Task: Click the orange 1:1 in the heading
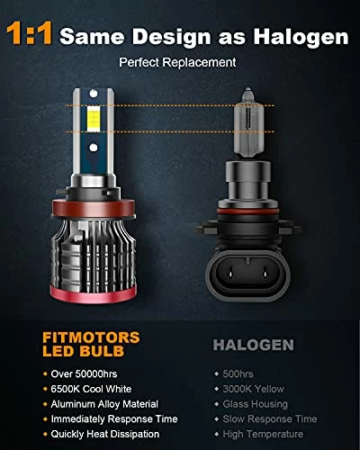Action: click(x=31, y=36)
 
